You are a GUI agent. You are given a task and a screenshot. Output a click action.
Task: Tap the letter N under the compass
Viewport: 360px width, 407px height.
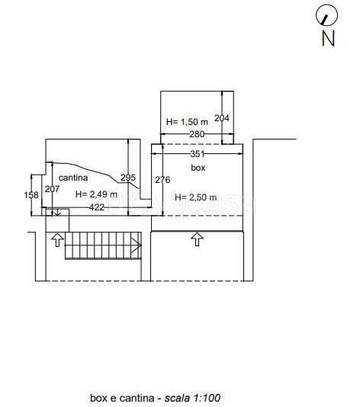[328, 38]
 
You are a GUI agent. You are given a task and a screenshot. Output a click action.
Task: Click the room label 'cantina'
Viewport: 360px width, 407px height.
[73, 178]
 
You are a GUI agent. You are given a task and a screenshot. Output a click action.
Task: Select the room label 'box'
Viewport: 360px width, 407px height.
[198, 168]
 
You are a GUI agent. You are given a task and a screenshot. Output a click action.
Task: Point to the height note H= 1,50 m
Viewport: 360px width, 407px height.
[187, 122]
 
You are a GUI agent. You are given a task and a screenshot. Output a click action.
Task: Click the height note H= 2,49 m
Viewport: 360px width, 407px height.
[96, 194]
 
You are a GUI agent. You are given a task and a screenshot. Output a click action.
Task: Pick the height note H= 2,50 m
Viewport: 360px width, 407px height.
[195, 197]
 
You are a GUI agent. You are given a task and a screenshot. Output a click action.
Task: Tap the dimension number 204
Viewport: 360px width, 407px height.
[221, 118]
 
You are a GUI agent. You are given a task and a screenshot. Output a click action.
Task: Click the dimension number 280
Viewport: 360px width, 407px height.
[197, 134]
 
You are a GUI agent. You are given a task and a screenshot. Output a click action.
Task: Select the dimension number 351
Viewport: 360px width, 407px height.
[198, 154]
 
